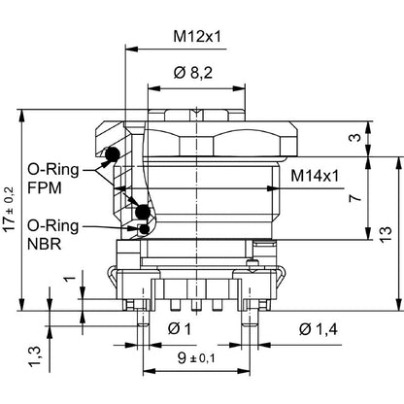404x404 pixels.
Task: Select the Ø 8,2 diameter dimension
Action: (192, 73)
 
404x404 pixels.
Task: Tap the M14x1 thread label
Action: (316, 176)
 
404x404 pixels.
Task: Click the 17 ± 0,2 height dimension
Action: (9, 208)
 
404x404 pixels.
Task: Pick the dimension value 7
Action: (355, 197)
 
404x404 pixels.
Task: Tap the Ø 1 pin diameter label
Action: (180, 330)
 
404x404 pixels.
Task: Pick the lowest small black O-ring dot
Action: (146, 229)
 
